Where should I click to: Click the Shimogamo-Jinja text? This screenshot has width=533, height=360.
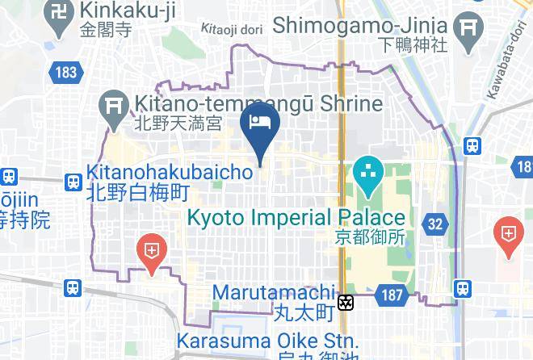[x=361, y=24]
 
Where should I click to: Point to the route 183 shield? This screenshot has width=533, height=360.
[x=66, y=73]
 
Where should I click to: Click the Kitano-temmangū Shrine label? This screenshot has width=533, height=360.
[x=257, y=104]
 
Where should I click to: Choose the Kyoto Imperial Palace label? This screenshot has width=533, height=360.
[x=296, y=217]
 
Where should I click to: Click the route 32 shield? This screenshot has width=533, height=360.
[x=436, y=224]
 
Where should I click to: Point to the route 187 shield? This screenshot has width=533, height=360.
[x=392, y=295]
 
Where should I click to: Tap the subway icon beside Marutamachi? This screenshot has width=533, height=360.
[x=346, y=302]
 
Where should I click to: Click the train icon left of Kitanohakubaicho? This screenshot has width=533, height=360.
[x=73, y=182]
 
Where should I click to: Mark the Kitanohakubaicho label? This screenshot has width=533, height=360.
[x=149, y=171]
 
